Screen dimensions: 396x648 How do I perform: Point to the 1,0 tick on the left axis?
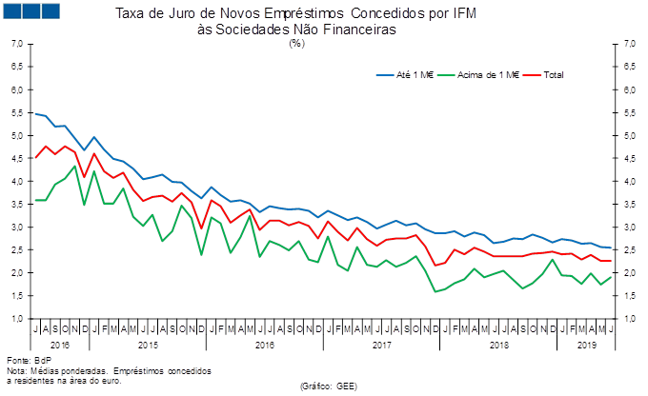click(18, 318)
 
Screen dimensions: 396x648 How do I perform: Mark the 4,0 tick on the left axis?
click(18, 182)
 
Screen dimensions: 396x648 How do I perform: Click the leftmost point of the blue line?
click(35, 113)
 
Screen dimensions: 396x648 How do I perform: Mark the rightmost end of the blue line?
click(611, 248)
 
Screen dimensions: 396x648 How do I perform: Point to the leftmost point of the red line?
click(35, 157)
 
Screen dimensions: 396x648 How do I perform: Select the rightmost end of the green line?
click(611, 276)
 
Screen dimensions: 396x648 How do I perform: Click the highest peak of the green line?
click(75, 167)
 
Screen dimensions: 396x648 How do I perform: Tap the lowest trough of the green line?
click(435, 291)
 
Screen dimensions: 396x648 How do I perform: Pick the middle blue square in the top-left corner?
click(31, 10)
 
